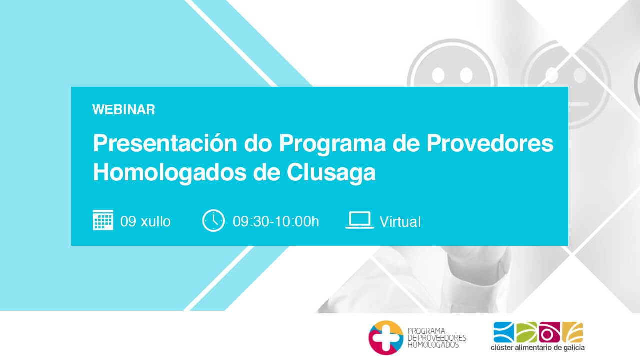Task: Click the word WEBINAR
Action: tap(123, 109)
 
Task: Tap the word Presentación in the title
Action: tap(165, 143)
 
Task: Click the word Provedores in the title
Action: tap(490, 143)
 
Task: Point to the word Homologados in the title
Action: tap(170, 173)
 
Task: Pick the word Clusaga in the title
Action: tap(331, 173)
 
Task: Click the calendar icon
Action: tap(103, 220)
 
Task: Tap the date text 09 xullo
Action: tap(145, 221)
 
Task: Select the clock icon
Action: tap(213, 220)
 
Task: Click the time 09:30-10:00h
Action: tap(276, 221)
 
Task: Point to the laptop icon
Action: tap(360, 220)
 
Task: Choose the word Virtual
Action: tap(400, 222)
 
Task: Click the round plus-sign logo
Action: tap(386, 337)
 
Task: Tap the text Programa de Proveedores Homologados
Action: tap(437, 338)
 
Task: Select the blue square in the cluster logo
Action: tap(504, 332)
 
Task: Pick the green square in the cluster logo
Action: tap(527, 332)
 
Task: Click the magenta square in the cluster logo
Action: tap(549, 332)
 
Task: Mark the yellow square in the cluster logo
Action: tap(573, 332)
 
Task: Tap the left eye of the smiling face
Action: tap(438, 75)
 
